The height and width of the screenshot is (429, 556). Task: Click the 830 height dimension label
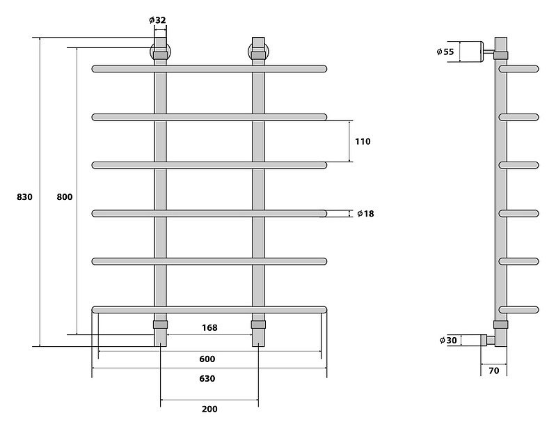point(24,197)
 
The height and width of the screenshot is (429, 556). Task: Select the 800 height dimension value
point(64,197)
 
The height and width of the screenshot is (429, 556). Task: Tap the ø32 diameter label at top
point(158,20)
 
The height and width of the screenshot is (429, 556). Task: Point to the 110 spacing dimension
point(363,141)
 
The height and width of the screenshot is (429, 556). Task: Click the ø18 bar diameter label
point(365,213)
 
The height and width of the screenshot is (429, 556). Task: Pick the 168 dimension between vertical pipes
point(209,327)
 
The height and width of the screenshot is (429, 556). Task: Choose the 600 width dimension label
point(207,359)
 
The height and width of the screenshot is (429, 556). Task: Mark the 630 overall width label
point(207,379)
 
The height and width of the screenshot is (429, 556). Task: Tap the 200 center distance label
point(209,409)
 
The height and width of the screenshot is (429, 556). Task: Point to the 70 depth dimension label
point(493,371)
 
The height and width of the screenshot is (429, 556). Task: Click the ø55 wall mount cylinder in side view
point(472,52)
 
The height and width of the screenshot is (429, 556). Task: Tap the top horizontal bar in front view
point(209,68)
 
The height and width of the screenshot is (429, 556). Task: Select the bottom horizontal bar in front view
point(209,308)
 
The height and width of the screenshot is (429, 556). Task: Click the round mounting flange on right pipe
point(258,52)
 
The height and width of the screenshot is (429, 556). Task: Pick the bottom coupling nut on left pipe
point(160,325)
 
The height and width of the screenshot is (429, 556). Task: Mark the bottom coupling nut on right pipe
point(258,325)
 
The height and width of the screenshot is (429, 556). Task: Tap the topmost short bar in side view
point(520,68)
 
